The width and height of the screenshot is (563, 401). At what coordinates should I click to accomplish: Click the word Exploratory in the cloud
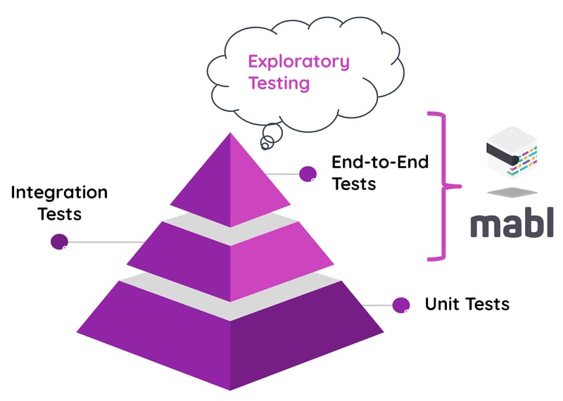pyautogui.click(x=298, y=61)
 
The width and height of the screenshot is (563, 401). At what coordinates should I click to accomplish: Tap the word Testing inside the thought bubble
pyautogui.click(x=279, y=83)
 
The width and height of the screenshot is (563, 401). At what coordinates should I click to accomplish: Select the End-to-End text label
pyautogui.click(x=380, y=162)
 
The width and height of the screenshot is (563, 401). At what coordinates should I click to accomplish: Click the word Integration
pyautogui.click(x=59, y=192)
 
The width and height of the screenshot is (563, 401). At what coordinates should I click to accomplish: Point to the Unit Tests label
pyautogui.click(x=467, y=304)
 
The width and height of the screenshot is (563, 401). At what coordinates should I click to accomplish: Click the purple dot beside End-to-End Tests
pyautogui.click(x=308, y=174)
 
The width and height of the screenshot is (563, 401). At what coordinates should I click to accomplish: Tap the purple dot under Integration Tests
pyautogui.click(x=59, y=241)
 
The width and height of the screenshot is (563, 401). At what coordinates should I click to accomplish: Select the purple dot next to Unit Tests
pyautogui.click(x=401, y=305)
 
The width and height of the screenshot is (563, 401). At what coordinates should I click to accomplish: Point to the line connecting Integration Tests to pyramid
pyautogui.click(x=106, y=242)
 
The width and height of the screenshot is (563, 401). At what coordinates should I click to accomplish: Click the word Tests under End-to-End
pyautogui.click(x=353, y=184)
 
